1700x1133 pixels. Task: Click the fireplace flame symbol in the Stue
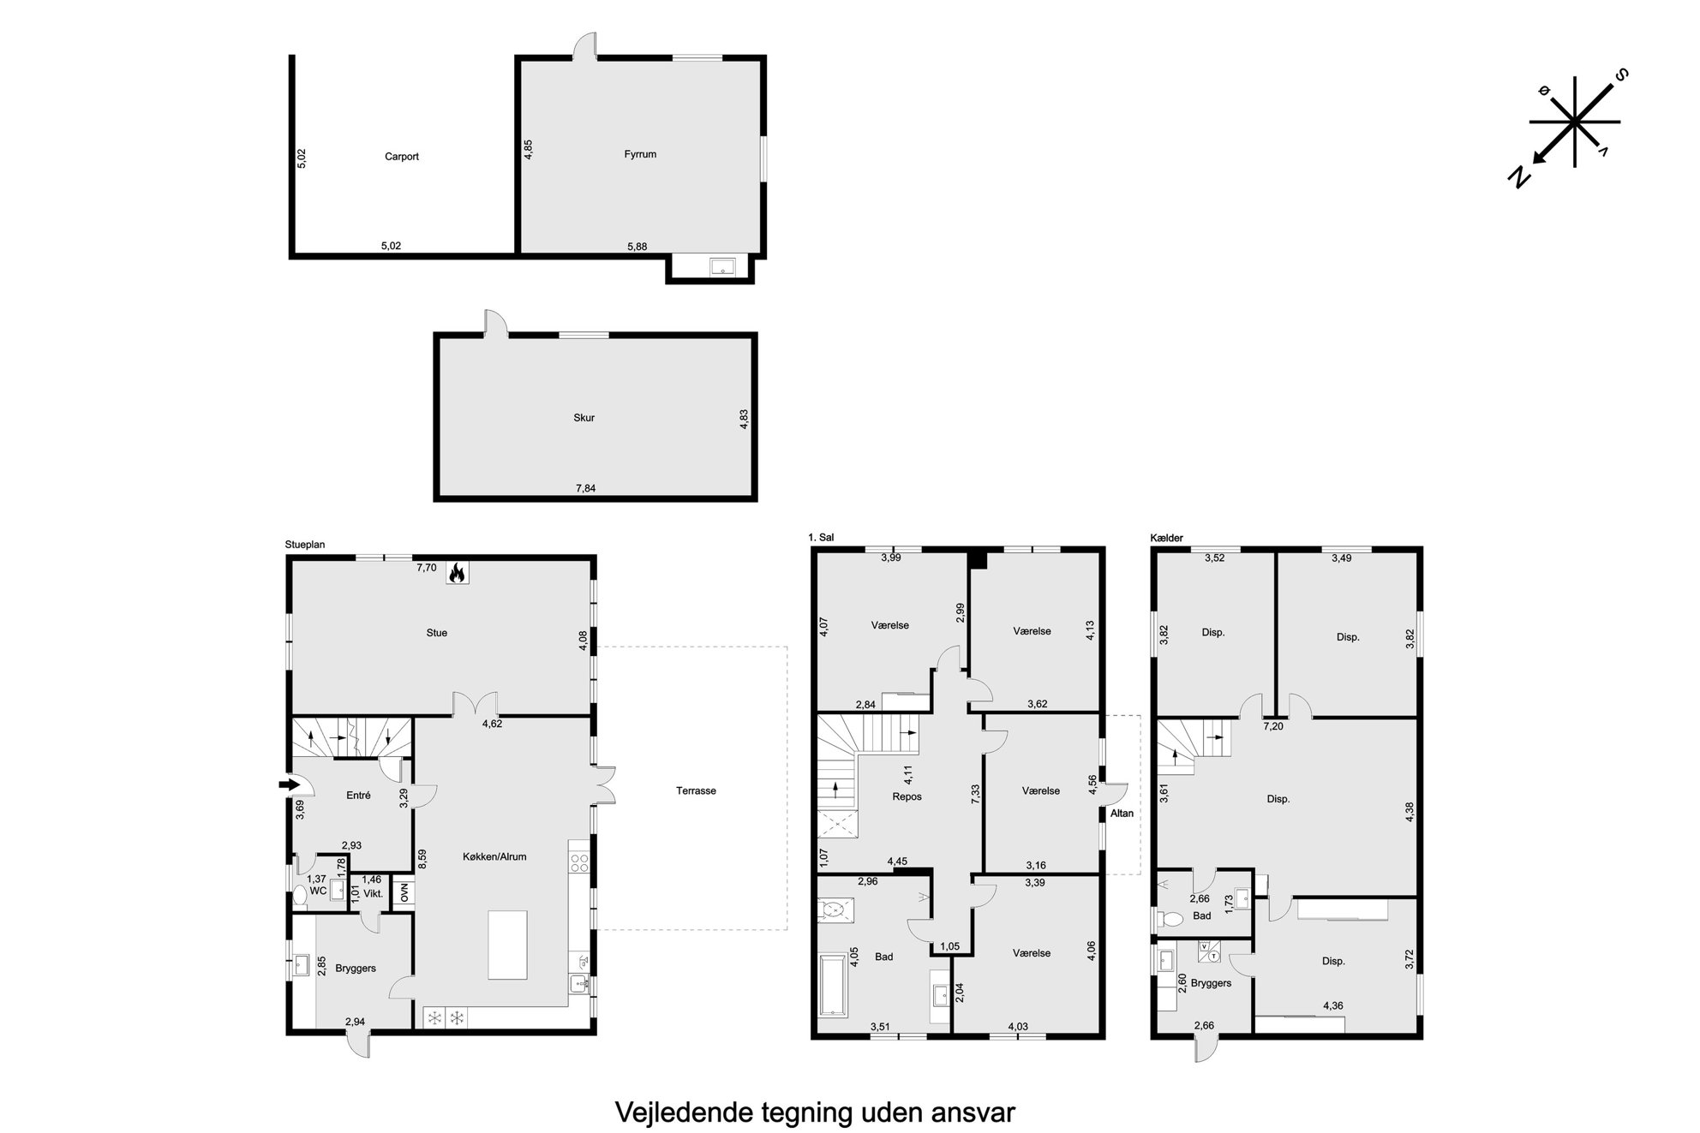point(458,572)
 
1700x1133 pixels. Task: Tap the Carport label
point(402,157)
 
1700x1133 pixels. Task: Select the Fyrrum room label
point(640,154)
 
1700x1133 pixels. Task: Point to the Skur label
point(584,418)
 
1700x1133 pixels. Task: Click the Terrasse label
point(696,790)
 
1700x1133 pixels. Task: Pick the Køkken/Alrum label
point(494,856)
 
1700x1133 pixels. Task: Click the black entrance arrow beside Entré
point(290,784)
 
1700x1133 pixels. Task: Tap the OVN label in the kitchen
point(404,892)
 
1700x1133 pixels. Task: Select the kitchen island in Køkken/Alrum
point(507,945)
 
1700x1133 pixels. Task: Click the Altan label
point(1122,813)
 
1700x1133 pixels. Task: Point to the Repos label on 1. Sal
point(907,796)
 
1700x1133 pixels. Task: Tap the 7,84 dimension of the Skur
point(585,488)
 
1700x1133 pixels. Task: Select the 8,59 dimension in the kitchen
point(421,859)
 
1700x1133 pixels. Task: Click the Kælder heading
point(1166,538)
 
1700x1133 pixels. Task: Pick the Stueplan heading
point(305,545)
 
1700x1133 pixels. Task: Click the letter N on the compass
point(1518,177)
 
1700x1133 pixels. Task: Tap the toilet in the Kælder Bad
point(1169,919)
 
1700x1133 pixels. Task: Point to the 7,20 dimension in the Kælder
point(1274,726)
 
